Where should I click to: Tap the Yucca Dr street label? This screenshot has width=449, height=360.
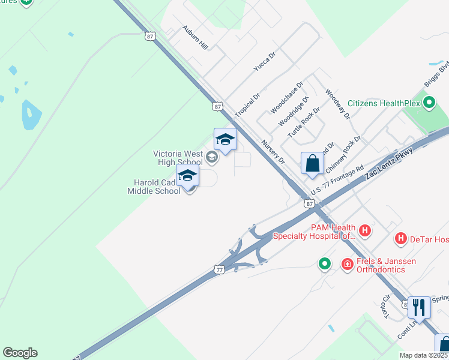pyautogui.click(x=264, y=62)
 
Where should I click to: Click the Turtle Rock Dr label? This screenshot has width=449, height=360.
pyautogui.click(x=304, y=122)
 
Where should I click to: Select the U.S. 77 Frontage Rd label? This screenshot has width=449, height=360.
pyautogui.click(x=337, y=181)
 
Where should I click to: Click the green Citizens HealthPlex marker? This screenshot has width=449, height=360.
pyautogui.click(x=429, y=103)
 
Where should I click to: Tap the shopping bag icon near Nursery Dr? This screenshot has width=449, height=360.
pyautogui.click(x=312, y=163)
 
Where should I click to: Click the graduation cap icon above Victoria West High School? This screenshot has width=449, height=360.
pyautogui.click(x=225, y=139)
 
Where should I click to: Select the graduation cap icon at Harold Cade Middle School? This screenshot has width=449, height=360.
pyautogui.click(x=187, y=175)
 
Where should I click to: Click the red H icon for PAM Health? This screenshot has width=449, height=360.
pyautogui.click(x=364, y=230)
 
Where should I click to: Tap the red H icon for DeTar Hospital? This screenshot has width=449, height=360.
pyautogui.click(x=401, y=239)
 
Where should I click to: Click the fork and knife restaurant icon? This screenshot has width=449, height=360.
pyautogui.click(x=419, y=307)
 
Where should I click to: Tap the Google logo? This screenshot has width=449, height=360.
pyautogui.click(x=20, y=353)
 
